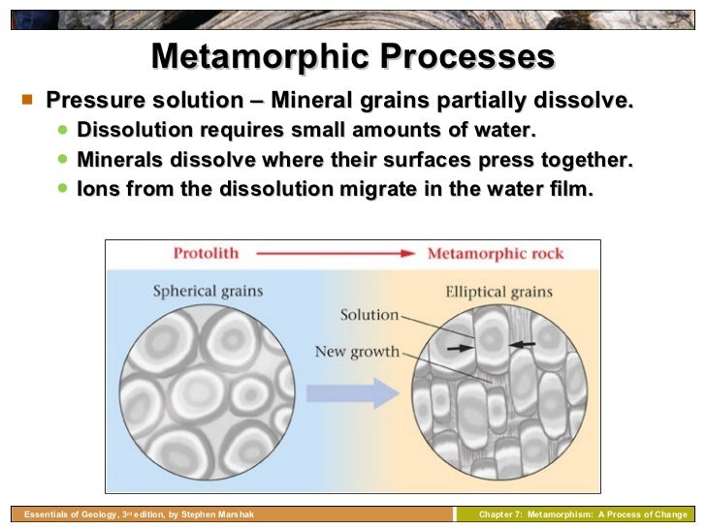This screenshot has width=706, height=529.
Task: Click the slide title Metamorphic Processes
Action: tap(353, 56)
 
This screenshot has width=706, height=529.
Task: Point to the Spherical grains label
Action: tap(207, 291)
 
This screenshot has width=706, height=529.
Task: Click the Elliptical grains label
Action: tap(498, 291)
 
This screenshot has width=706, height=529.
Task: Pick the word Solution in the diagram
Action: tap(369, 315)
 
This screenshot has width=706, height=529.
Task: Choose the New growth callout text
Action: tap(357, 351)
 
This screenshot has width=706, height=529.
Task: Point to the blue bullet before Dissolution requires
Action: tap(63, 130)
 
